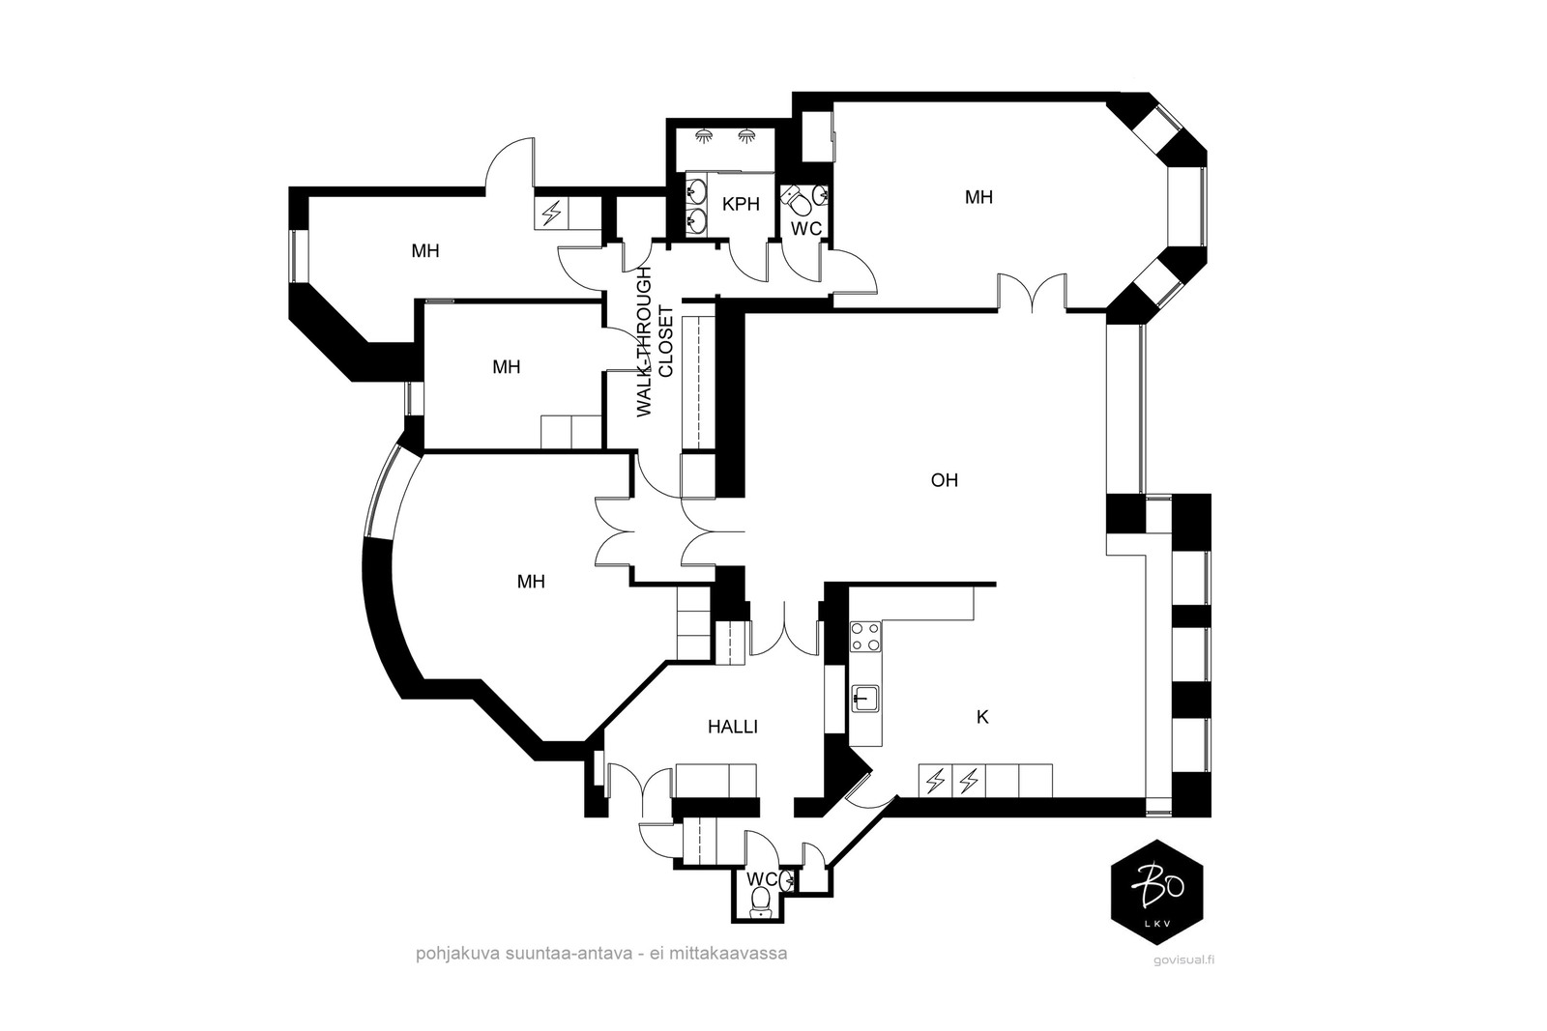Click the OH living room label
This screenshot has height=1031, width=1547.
pos(944,480)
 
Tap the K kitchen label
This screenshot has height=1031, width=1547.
pos(982,718)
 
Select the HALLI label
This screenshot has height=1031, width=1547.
pos(733,727)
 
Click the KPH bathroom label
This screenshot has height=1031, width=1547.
pos(741,204)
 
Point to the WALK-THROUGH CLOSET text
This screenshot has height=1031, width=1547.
pos(654,342)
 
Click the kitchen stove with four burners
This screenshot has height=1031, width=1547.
pos(865,636)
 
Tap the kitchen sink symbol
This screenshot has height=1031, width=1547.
pos(864,698)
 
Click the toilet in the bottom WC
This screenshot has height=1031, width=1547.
pos(760,900)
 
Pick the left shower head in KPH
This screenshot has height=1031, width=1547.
pos(704,135)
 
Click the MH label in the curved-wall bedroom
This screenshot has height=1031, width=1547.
pos(531,583)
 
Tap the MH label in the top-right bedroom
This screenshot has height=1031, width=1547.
pos(978,197)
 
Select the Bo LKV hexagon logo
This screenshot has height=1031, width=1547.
pos(1156,892)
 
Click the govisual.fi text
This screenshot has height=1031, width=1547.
pos(1183,959)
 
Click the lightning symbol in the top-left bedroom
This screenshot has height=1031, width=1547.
pos(550,214)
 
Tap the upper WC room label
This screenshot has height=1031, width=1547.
pos(806,229)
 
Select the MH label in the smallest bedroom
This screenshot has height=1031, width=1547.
pos(506,367)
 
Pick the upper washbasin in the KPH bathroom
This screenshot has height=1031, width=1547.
pos(697,187)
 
